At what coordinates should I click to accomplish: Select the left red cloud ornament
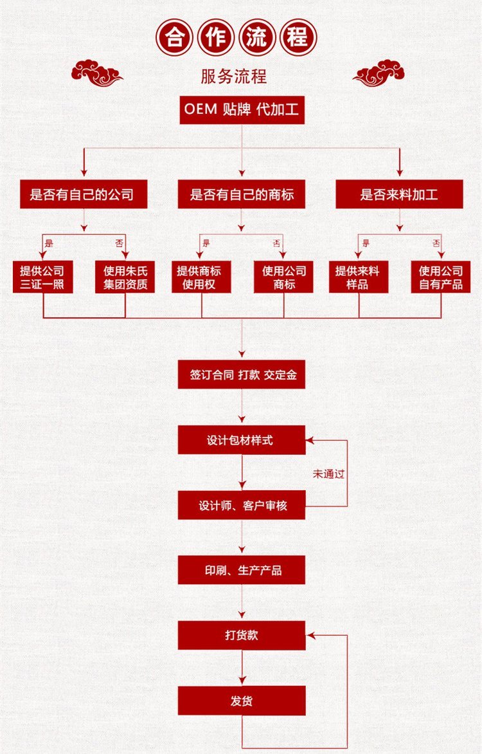click(96, 73)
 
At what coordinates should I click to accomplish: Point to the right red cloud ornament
click(379, 73)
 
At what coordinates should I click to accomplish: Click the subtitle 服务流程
click(234, 77)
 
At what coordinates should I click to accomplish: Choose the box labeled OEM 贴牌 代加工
click(242, 110)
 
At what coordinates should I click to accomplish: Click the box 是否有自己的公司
click(84, 194)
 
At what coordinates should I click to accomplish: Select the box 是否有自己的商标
click(242, 194)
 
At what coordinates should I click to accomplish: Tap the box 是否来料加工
click(399, 194)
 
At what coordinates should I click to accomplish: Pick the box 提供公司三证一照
click(42, 277)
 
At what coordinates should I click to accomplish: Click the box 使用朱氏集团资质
click(125, 277)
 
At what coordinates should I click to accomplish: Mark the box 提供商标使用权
click(201, 277)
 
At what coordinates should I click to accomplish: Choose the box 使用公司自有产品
click(441, 277)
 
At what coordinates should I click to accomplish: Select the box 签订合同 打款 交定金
click(242, 375)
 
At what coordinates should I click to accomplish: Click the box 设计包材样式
click(242, 441)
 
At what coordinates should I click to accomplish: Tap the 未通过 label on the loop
click(328, 474)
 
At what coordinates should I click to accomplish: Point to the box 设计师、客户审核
click(242, 506)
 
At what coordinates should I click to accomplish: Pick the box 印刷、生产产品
click(242, 570)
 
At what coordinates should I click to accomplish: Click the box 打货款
click(242, 635)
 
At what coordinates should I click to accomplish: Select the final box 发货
click(242, 700)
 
